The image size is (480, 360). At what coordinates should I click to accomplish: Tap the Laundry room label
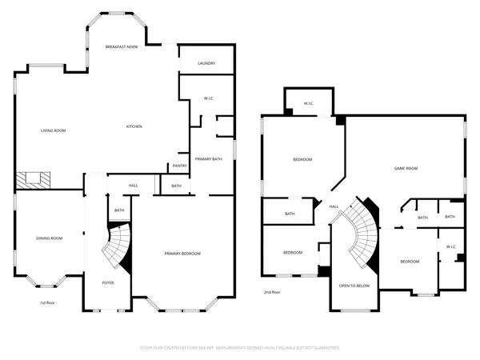(x=206, y=63)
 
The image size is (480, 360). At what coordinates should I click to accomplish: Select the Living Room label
(x=54, y=130)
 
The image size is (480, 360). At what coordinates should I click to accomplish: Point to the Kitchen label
(x=134, y=127)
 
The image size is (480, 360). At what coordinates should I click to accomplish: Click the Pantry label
(x=179, y=166)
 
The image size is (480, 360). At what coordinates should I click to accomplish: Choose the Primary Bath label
(x=206, y=159)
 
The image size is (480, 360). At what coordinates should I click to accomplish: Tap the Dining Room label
(x=49, y=238)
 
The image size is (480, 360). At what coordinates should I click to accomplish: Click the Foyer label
(x=107, y=283)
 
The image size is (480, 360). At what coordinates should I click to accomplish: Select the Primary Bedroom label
(x=182, y=254)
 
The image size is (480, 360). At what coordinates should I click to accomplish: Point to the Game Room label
(x=406, y=168)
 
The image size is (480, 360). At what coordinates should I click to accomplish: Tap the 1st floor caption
(x=48, y=303)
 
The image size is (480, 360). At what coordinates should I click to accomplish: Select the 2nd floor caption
(x=272, y=293)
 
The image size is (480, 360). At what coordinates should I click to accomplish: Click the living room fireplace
(x=34, y=179)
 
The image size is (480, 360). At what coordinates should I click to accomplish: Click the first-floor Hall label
(x=134, y=186)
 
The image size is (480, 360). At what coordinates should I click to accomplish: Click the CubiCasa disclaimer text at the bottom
(x=240, y=348)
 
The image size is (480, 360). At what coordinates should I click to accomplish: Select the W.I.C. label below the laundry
(x=209, y=99)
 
